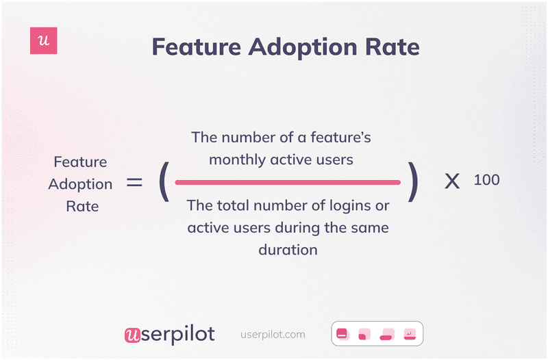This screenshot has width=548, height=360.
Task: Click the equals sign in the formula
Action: [x=134, y=183]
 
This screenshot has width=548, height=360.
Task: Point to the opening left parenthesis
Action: [x=163, y=183]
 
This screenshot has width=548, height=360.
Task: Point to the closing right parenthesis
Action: [x=412, y=183]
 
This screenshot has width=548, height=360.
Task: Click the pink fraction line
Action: [x=288, y=183]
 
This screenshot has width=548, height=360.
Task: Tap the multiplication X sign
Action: [x=452, y=183]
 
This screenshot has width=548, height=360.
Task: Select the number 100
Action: [x=486, y=180]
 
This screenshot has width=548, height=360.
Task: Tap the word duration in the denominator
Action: [x=288, y=249]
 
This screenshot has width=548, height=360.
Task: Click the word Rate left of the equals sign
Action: [x=81, y=206]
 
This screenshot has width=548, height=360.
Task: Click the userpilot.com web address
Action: [x=273, y=335]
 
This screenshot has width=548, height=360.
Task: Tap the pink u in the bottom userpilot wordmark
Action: [x=132, y=335]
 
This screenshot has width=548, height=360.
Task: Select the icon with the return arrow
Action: [x=409, y=334]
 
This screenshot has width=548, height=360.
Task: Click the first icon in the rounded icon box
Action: [x=343, y=334]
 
